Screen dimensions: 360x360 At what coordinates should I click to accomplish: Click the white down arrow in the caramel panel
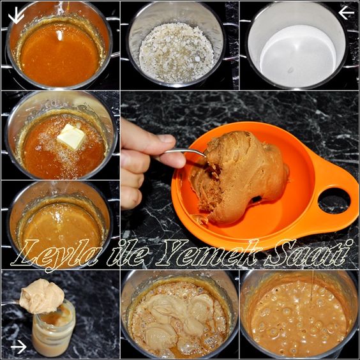[16, 15]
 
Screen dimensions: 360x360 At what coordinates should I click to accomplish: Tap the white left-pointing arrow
[346, 13]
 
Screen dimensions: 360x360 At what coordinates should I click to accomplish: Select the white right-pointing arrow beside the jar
[19, 347]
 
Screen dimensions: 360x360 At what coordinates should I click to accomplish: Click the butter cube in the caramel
[71, 137]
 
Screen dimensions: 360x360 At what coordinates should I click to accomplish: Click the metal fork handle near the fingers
[184, 153]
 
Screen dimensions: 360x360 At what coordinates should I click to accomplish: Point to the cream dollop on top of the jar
[41, 296]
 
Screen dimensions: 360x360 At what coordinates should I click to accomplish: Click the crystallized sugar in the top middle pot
[176, 52]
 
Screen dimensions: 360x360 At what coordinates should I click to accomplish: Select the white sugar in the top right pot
[298, 55]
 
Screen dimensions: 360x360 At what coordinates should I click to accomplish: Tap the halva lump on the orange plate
[239, 177]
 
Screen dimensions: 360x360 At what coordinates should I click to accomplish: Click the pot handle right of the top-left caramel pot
[113, 37]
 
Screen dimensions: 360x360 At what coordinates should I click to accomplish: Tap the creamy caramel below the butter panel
[61, 227]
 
